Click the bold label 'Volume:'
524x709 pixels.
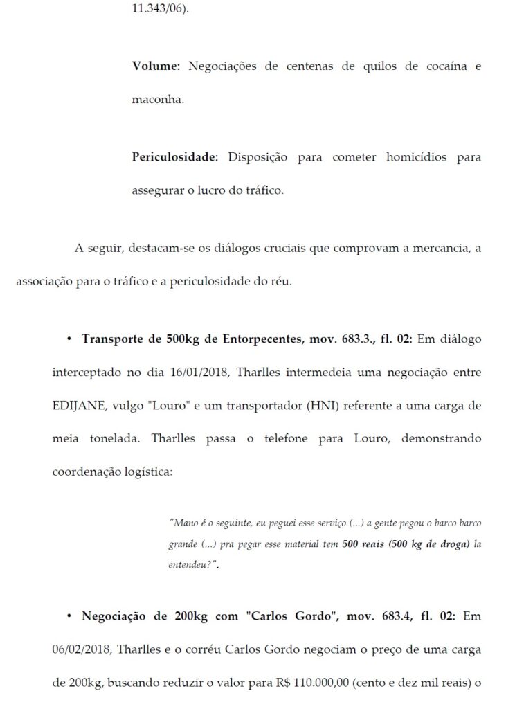(x=156, y=66)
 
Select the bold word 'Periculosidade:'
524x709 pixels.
(x=174, y=157)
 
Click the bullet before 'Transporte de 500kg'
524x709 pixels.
(x=70, y=340)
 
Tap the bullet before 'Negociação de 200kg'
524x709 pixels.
(x=70, y=616)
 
